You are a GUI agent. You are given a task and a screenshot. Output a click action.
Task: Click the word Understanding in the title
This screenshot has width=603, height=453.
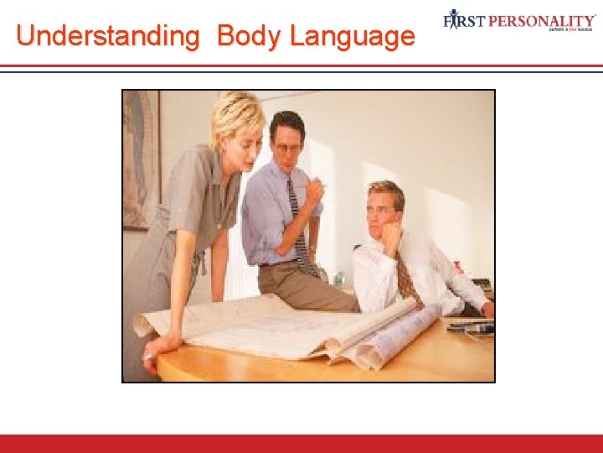pyautogui.click(x=106, y=36)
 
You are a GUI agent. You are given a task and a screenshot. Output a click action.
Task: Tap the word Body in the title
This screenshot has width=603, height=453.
pyautogui.click(x=250, y=36)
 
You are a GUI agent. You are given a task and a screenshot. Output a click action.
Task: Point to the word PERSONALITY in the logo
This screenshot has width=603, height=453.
pyautogui.click(x=544, y=19)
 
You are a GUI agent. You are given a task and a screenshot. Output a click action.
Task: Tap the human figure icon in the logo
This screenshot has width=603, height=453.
pyautogui.click(x=454, y=19)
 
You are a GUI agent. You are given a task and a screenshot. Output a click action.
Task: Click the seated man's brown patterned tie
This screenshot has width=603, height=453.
pyautogui.click(x=407, y=277)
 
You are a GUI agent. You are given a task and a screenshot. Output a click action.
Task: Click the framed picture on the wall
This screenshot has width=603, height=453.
pyautogui.click(x=142, y=159)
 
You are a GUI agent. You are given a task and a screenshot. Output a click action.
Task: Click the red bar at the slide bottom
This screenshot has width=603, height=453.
pyautogui.click(x=301, y=443)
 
